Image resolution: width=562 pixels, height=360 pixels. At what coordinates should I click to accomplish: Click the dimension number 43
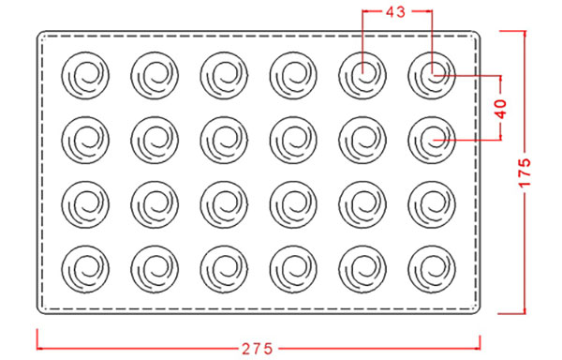[x=395, y=12]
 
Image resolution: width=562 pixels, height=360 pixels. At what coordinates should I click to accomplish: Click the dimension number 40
[x=501, y=109]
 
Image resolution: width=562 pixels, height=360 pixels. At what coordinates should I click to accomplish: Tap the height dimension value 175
[x=525, y=172]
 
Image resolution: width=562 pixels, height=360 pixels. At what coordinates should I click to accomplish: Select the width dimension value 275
[x=258, y=349]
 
